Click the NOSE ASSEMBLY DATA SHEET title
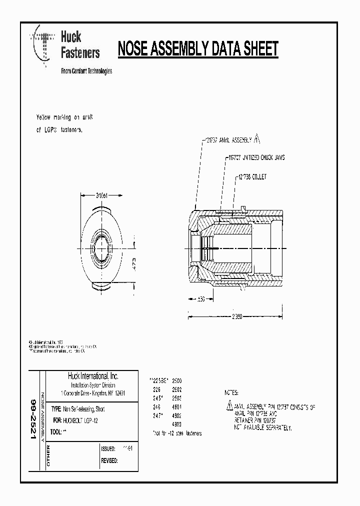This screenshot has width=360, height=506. [x=197, y=49]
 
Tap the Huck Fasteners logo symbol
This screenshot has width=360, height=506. [x=43, y=45]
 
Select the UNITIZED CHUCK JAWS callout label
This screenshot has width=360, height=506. [x=256, y=157]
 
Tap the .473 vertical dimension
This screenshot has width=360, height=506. [x=134, y=263]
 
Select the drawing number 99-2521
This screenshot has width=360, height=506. [x=33, y=419]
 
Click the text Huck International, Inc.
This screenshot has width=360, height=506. [x=93, y=376]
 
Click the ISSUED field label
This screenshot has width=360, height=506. [x=108, y=449]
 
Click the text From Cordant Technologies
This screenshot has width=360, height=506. [x=86, y=71]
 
